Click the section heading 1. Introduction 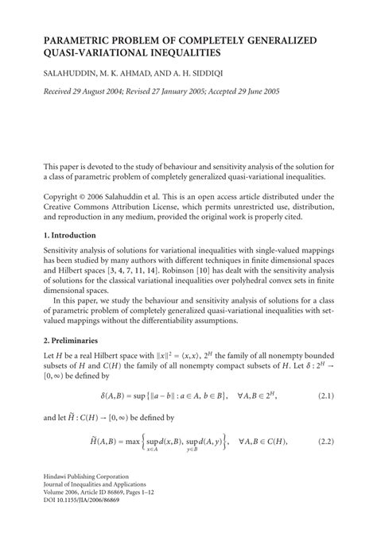point(69,236)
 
